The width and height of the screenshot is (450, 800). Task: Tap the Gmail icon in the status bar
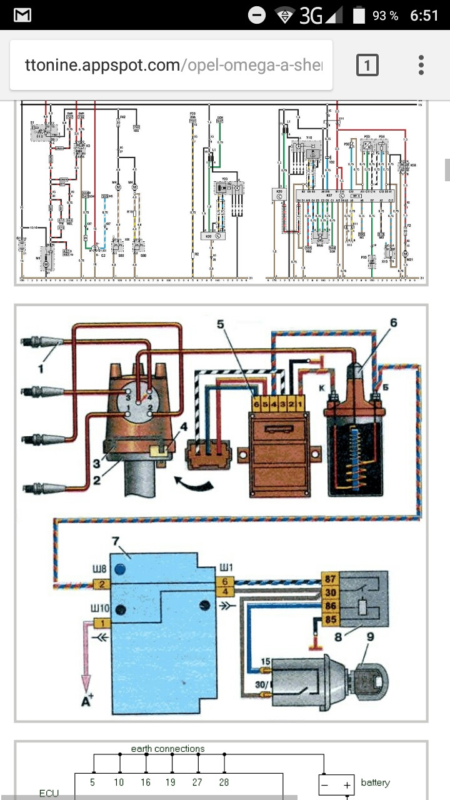22,15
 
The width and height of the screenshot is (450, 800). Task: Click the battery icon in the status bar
359,15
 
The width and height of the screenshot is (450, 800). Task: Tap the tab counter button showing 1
367,65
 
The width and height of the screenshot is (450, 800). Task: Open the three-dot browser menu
422,65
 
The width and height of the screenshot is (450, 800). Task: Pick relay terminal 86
331,606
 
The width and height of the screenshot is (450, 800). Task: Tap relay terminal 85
331,619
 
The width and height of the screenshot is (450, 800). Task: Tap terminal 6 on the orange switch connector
256,404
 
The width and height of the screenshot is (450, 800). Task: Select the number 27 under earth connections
198,781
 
